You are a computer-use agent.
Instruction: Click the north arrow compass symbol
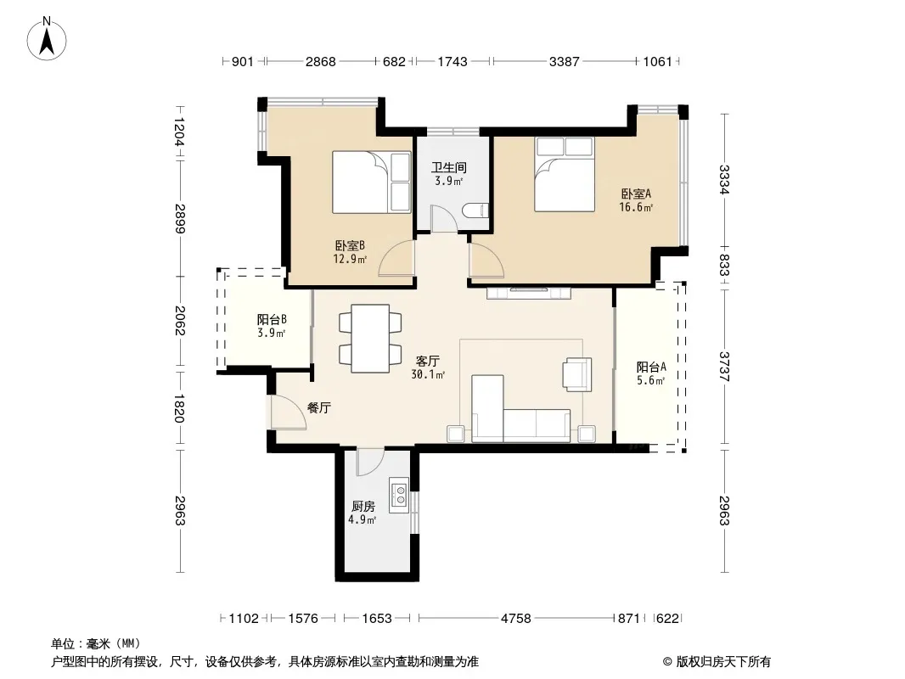47,38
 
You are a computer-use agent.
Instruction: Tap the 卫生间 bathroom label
449,168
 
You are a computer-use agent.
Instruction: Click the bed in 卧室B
372,182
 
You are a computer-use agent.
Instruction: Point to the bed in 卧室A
565,174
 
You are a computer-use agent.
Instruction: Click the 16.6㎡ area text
636,208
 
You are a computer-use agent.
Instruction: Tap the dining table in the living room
370,338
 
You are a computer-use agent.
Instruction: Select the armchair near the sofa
578,373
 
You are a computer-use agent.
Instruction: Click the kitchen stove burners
399,496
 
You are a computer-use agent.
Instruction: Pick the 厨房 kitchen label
363,507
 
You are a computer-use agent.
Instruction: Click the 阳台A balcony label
652,367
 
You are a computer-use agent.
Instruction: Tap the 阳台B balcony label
272,320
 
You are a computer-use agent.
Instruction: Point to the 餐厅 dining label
318,408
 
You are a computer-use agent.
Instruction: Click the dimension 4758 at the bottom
515,619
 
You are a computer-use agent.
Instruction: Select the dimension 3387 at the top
564,61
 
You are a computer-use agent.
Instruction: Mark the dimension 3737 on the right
724,367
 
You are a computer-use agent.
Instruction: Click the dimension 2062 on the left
180,321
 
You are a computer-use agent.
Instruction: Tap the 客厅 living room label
428,361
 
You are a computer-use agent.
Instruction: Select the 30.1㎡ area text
428,375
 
